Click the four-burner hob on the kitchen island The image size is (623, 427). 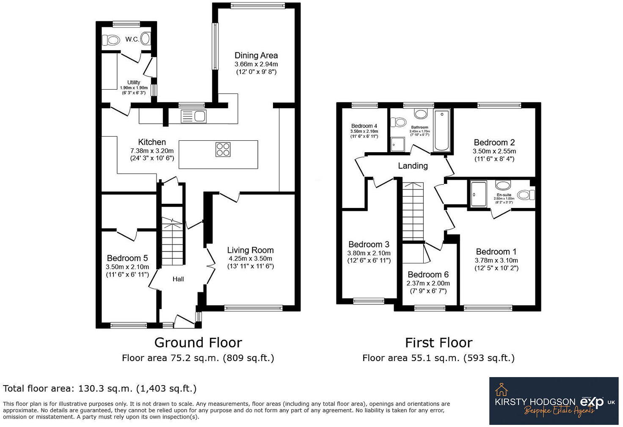tap(223, 149)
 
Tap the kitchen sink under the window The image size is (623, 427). tap(193, 116)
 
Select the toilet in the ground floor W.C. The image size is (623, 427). tap(111, 40)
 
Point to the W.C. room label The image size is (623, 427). tap(132, 39)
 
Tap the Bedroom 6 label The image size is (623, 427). tap(428, 274)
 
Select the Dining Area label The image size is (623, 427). tap(256, 55)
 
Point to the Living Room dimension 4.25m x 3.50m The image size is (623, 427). tap(250, 259)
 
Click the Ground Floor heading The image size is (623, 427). tap(198, 342)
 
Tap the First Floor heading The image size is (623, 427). tap(438, 342)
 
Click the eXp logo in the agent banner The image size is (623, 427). tap(592, 401)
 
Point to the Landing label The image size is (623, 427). tap(413, 166)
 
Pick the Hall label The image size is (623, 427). tap(178, 279)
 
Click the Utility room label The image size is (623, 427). tap(134, 82)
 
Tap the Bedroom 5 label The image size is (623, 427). tap(127, 258)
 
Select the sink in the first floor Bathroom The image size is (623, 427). tap(420, 114)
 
